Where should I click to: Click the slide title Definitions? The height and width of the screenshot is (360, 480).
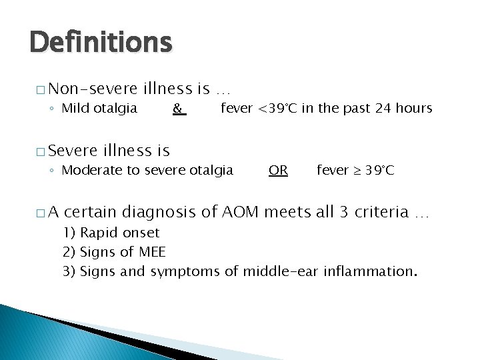tap(101, 43)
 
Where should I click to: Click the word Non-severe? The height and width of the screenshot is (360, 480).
tap(93, 89)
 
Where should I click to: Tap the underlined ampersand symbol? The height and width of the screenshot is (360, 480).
tap(178, 108)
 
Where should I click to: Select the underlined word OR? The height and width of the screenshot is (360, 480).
tap(278, 170)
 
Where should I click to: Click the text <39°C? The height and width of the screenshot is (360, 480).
tap(277, 108)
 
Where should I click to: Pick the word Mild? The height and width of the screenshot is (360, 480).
tap(76, 108)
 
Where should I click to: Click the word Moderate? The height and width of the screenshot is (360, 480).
tap(91, 170)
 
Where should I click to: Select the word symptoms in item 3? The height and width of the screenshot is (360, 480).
tap(185, 271)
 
